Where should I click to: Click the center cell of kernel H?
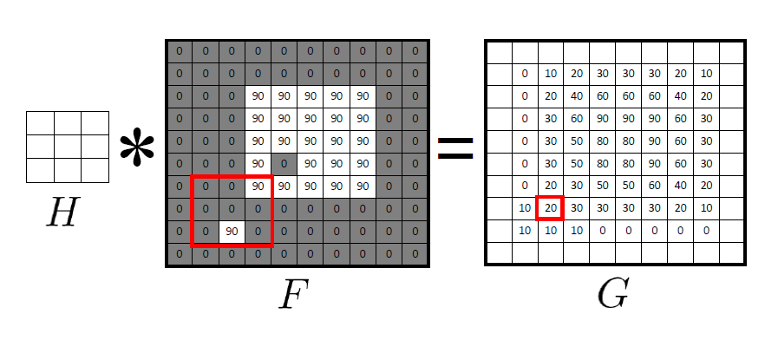68,147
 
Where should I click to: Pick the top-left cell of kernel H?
40,123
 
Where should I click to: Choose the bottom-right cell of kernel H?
95,171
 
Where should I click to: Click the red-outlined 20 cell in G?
550,208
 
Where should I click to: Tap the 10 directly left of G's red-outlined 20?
525,208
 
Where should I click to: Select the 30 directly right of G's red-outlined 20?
577,208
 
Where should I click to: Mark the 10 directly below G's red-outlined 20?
550,231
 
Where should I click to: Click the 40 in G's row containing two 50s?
681,186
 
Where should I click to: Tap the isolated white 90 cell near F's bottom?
231,232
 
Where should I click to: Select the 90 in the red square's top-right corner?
258,186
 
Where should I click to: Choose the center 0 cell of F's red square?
231,209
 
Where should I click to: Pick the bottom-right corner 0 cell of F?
415,254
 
